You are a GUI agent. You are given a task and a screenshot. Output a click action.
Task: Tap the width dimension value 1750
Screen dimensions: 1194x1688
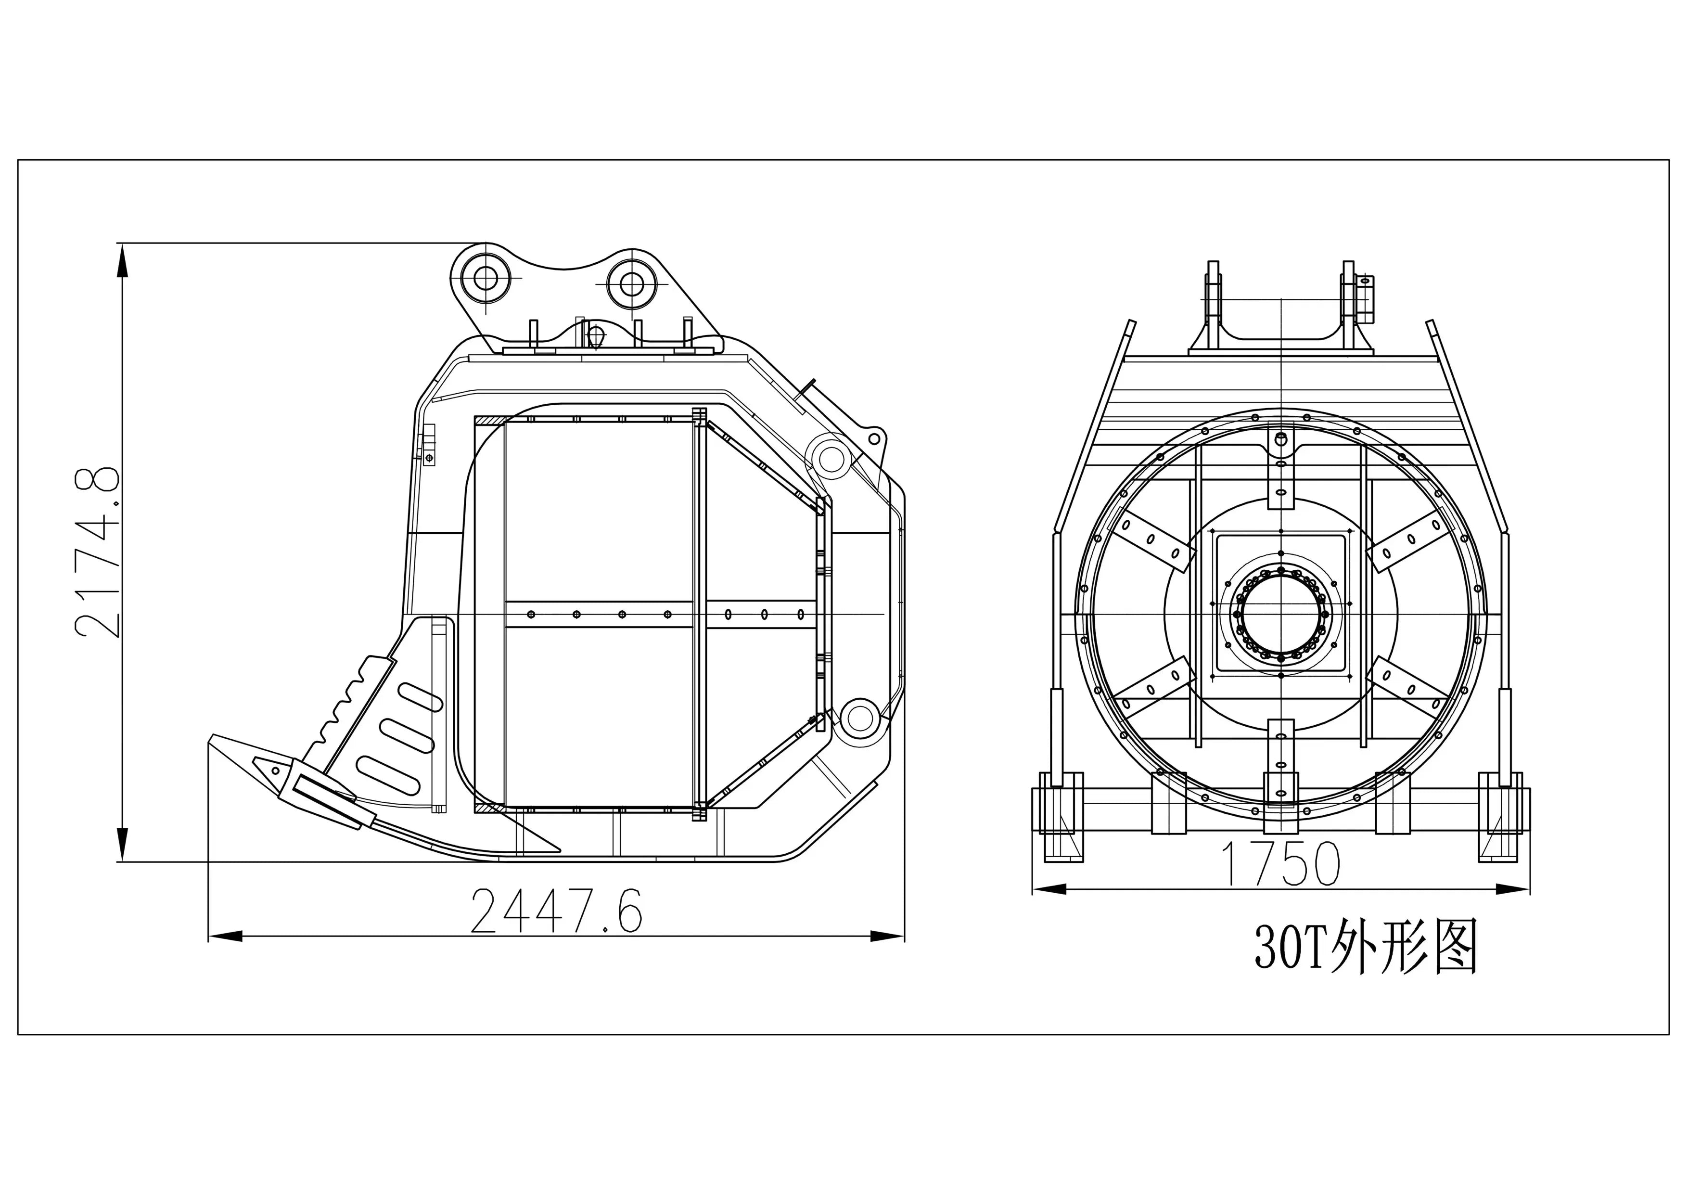pos(1280,864)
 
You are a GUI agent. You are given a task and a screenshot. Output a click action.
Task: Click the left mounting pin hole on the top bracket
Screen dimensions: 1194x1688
pos(485,278)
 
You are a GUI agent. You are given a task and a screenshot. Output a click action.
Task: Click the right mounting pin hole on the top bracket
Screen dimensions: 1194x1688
pos(631,282)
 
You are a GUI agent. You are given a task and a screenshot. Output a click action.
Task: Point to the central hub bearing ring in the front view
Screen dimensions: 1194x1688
pos(1281,613)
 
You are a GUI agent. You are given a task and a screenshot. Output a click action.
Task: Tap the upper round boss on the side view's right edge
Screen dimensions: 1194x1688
pos(831,459)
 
